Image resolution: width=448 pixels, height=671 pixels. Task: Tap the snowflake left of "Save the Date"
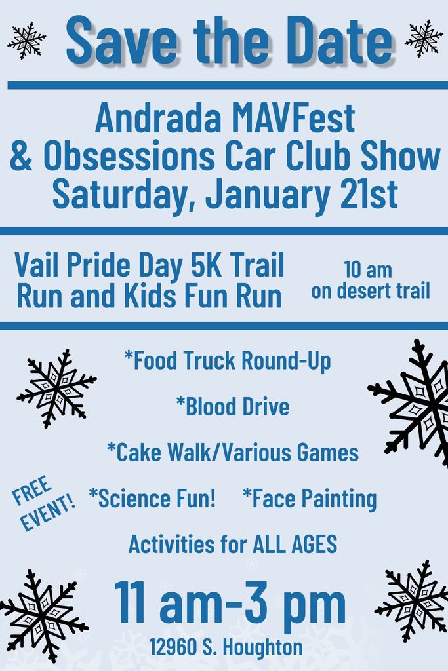26,41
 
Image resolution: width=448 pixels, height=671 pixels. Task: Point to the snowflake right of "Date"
424,39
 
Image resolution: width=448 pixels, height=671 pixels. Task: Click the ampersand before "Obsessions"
21,156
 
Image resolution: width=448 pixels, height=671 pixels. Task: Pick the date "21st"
369,194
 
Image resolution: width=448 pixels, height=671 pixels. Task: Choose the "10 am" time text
368,269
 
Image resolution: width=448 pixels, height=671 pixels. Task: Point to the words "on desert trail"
371,290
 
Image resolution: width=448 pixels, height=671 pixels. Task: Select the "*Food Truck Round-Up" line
228,360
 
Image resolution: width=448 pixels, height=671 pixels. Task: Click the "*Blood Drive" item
233,406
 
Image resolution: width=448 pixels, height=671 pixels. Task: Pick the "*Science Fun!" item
152,498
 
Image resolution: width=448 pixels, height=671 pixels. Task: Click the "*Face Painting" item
310,499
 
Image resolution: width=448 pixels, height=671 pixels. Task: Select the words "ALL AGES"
295,545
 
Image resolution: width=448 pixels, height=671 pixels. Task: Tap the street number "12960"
173,647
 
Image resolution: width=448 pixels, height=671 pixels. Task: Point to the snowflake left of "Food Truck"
56,388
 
